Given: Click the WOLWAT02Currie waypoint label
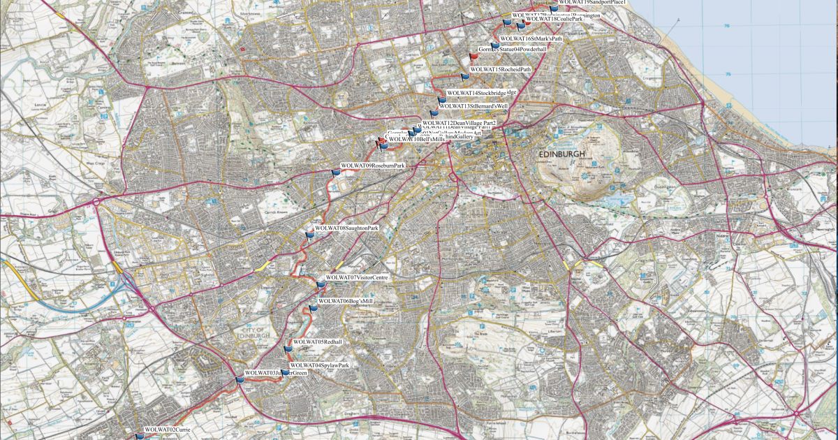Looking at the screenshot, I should click(166, 430).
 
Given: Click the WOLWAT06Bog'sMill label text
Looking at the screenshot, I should click(346, 301).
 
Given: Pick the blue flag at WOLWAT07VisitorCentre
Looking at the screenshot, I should click(321, 284).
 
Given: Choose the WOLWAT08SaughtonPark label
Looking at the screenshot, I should click(346, 228).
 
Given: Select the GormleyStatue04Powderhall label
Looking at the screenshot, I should click(512, 50).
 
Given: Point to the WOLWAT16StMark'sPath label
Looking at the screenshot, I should click(531, 38).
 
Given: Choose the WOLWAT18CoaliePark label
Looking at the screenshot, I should click(554, 19).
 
